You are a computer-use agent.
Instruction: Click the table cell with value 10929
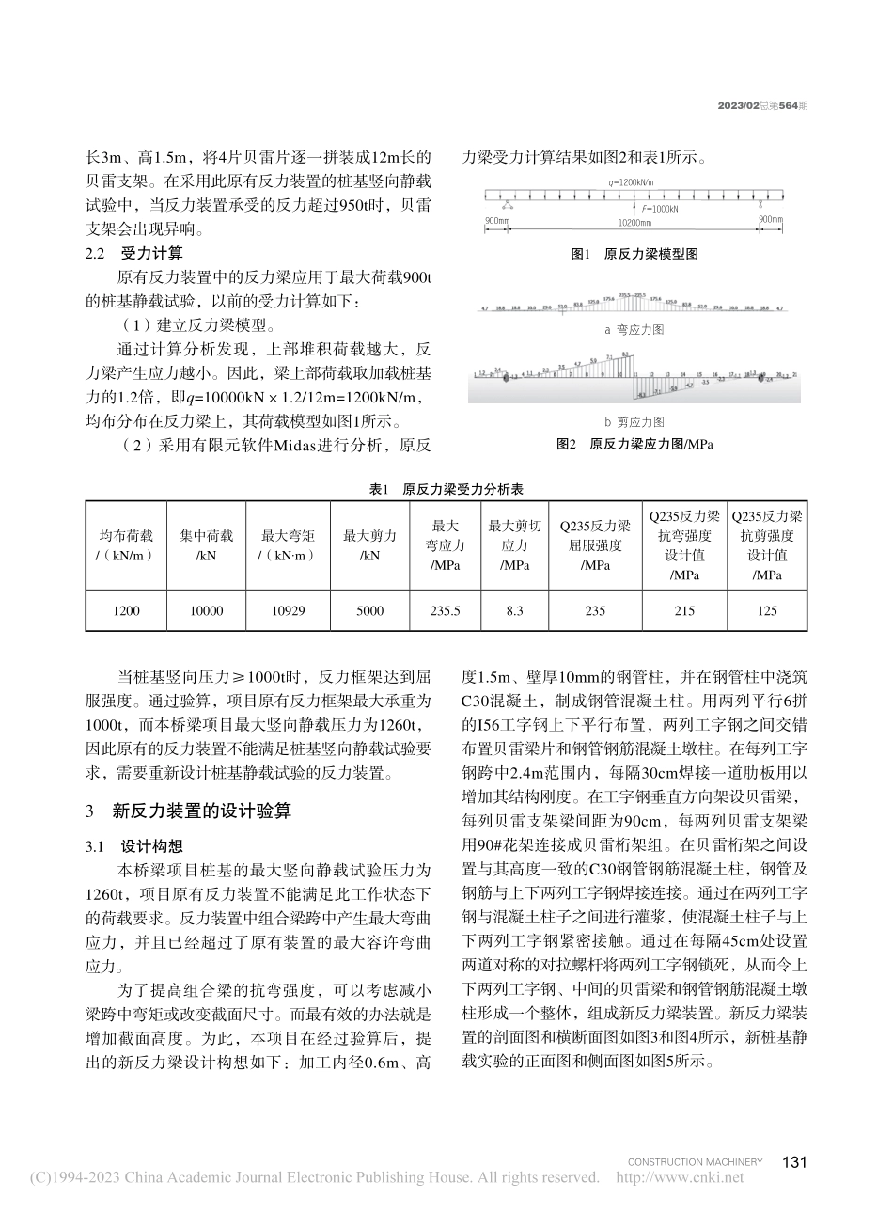[288, 611]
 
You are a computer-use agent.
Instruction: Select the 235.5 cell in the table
[446, 611]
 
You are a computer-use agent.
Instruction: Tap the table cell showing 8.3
[514, 611]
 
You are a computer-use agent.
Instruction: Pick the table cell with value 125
[767, 611]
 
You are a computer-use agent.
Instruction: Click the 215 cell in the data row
[685, 611]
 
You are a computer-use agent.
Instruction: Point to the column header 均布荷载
[125, 545]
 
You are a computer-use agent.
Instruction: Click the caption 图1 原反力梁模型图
[634, 254]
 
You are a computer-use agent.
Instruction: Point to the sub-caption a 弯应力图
[634, 330]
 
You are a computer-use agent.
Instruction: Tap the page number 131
[794, 1162]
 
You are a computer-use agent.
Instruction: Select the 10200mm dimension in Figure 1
[634, 223]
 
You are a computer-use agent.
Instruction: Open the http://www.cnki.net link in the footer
[679, 1177]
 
